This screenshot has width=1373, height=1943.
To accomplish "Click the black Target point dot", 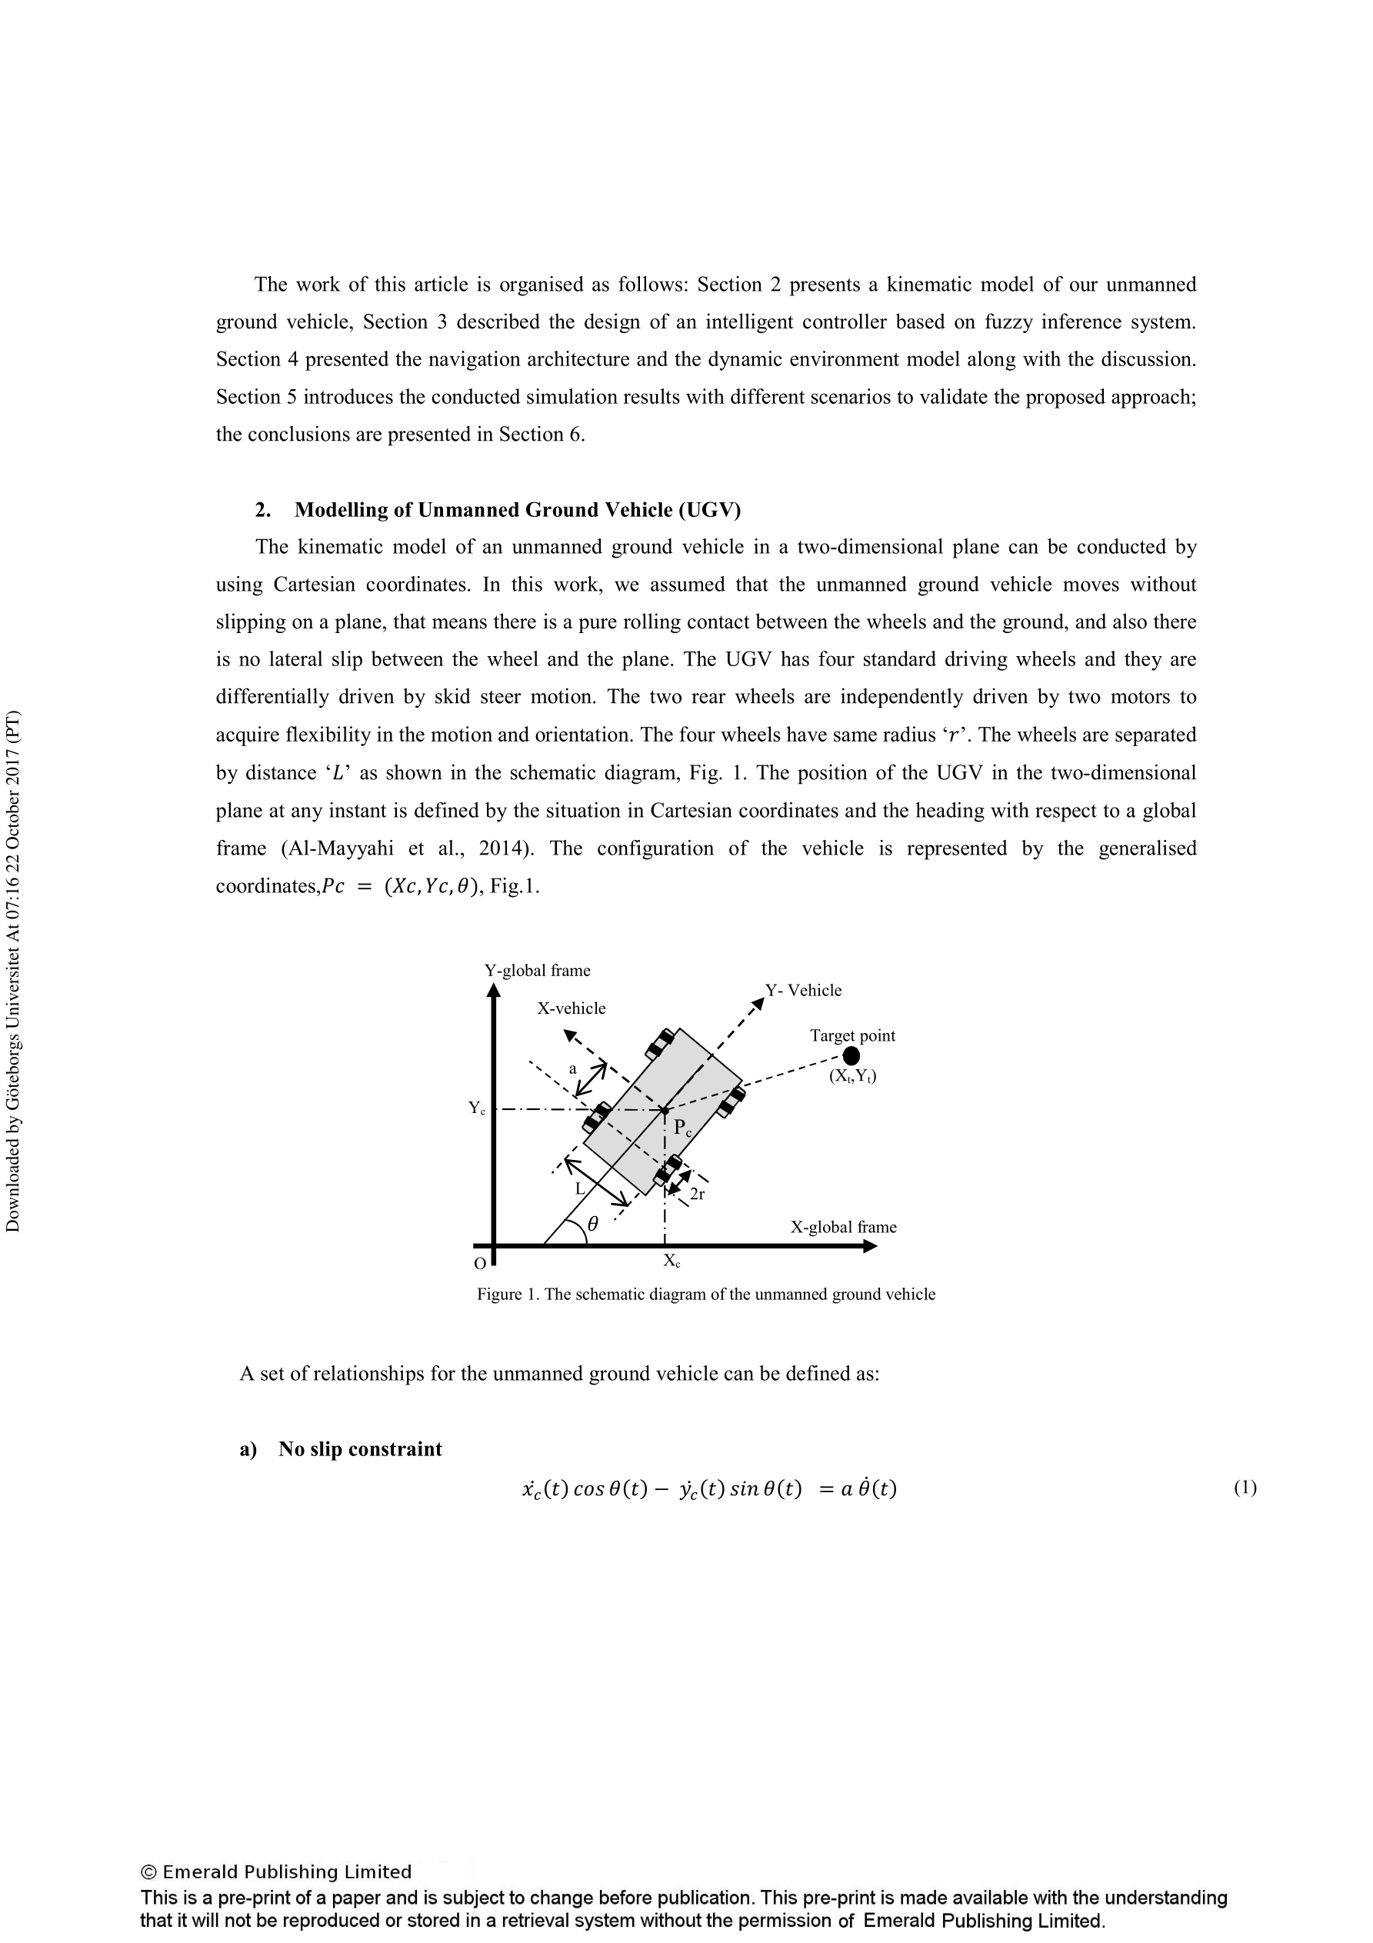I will (x=851, y=1055).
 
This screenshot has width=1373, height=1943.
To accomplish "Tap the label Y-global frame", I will (x=538, y=970).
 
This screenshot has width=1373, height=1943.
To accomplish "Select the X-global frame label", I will (x=843, y=1226).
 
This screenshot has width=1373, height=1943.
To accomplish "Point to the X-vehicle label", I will (x=572, y=1008).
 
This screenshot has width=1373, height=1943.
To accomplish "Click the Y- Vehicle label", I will (x=803, y=990).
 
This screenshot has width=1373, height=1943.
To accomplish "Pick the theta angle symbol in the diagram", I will (x=592, y=1223).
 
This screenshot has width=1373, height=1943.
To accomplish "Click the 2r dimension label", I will (x=698, y=1194).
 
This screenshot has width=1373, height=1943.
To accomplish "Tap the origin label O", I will (x=480, y=1264).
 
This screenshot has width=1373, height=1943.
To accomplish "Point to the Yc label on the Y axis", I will (x=478, y=1108).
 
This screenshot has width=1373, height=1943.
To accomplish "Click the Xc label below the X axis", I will (x=672, y=1261).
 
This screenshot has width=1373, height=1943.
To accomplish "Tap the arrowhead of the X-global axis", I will (x=869, y=1245).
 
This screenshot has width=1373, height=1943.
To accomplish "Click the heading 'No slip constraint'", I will (x=360, y=1448).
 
